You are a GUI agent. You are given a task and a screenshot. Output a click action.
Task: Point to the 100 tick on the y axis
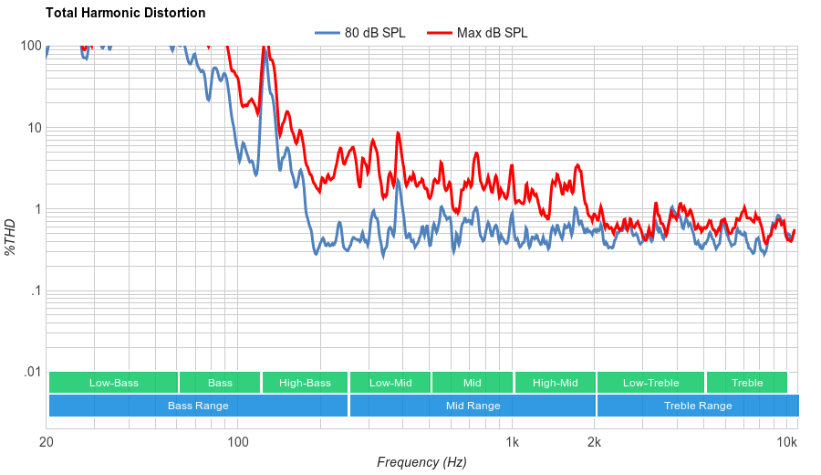click(x=31, y=46)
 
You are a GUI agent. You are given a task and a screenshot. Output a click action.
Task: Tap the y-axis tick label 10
click(x=35, y=128)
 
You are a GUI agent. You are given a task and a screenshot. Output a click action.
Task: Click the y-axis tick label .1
click(x=36, y=291)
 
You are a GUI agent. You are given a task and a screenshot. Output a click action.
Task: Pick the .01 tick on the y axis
click(x=32, y=373)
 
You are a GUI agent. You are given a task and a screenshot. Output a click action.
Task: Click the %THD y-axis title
click(x=11, y=237)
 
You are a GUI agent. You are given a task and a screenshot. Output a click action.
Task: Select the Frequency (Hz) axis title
click(x=421, y=462)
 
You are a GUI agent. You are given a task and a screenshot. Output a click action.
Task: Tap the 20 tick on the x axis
click(x=47, y=443)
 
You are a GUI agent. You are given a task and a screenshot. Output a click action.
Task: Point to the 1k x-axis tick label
click(x=513, y=443)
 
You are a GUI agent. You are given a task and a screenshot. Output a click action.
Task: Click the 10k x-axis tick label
click(x=787, y=443)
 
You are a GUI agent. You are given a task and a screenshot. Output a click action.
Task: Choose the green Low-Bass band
click(x=114, y=383)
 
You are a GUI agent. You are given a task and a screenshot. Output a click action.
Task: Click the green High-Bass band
click(x=305, y=383)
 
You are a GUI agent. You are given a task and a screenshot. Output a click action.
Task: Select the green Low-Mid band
click(x=390, y=383)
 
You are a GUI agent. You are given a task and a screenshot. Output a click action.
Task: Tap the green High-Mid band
click(x=555, y=383)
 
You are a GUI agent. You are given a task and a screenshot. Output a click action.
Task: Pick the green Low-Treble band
click(x=650, y=383)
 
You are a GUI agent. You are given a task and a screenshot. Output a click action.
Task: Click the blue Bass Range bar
click(x=198, y=406)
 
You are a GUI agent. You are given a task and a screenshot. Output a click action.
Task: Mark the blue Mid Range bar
click(x=473, y=406)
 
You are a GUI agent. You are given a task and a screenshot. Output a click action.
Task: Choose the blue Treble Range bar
click(x=698, y=406)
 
